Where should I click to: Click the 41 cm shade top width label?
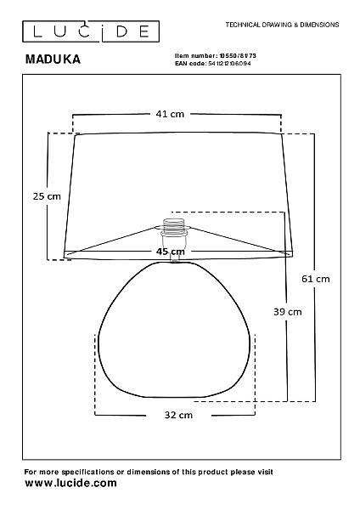[170, 114]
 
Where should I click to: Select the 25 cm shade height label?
[47, 196]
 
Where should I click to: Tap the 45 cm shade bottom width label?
[171, 252]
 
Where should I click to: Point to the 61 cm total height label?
[316, 279]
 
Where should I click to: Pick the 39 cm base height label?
[288, 312]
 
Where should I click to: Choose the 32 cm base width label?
[178, 415]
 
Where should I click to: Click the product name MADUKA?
[53, 59]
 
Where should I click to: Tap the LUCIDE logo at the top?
[91, 31]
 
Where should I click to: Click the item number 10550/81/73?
[238, 56]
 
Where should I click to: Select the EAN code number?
[229, 64]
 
